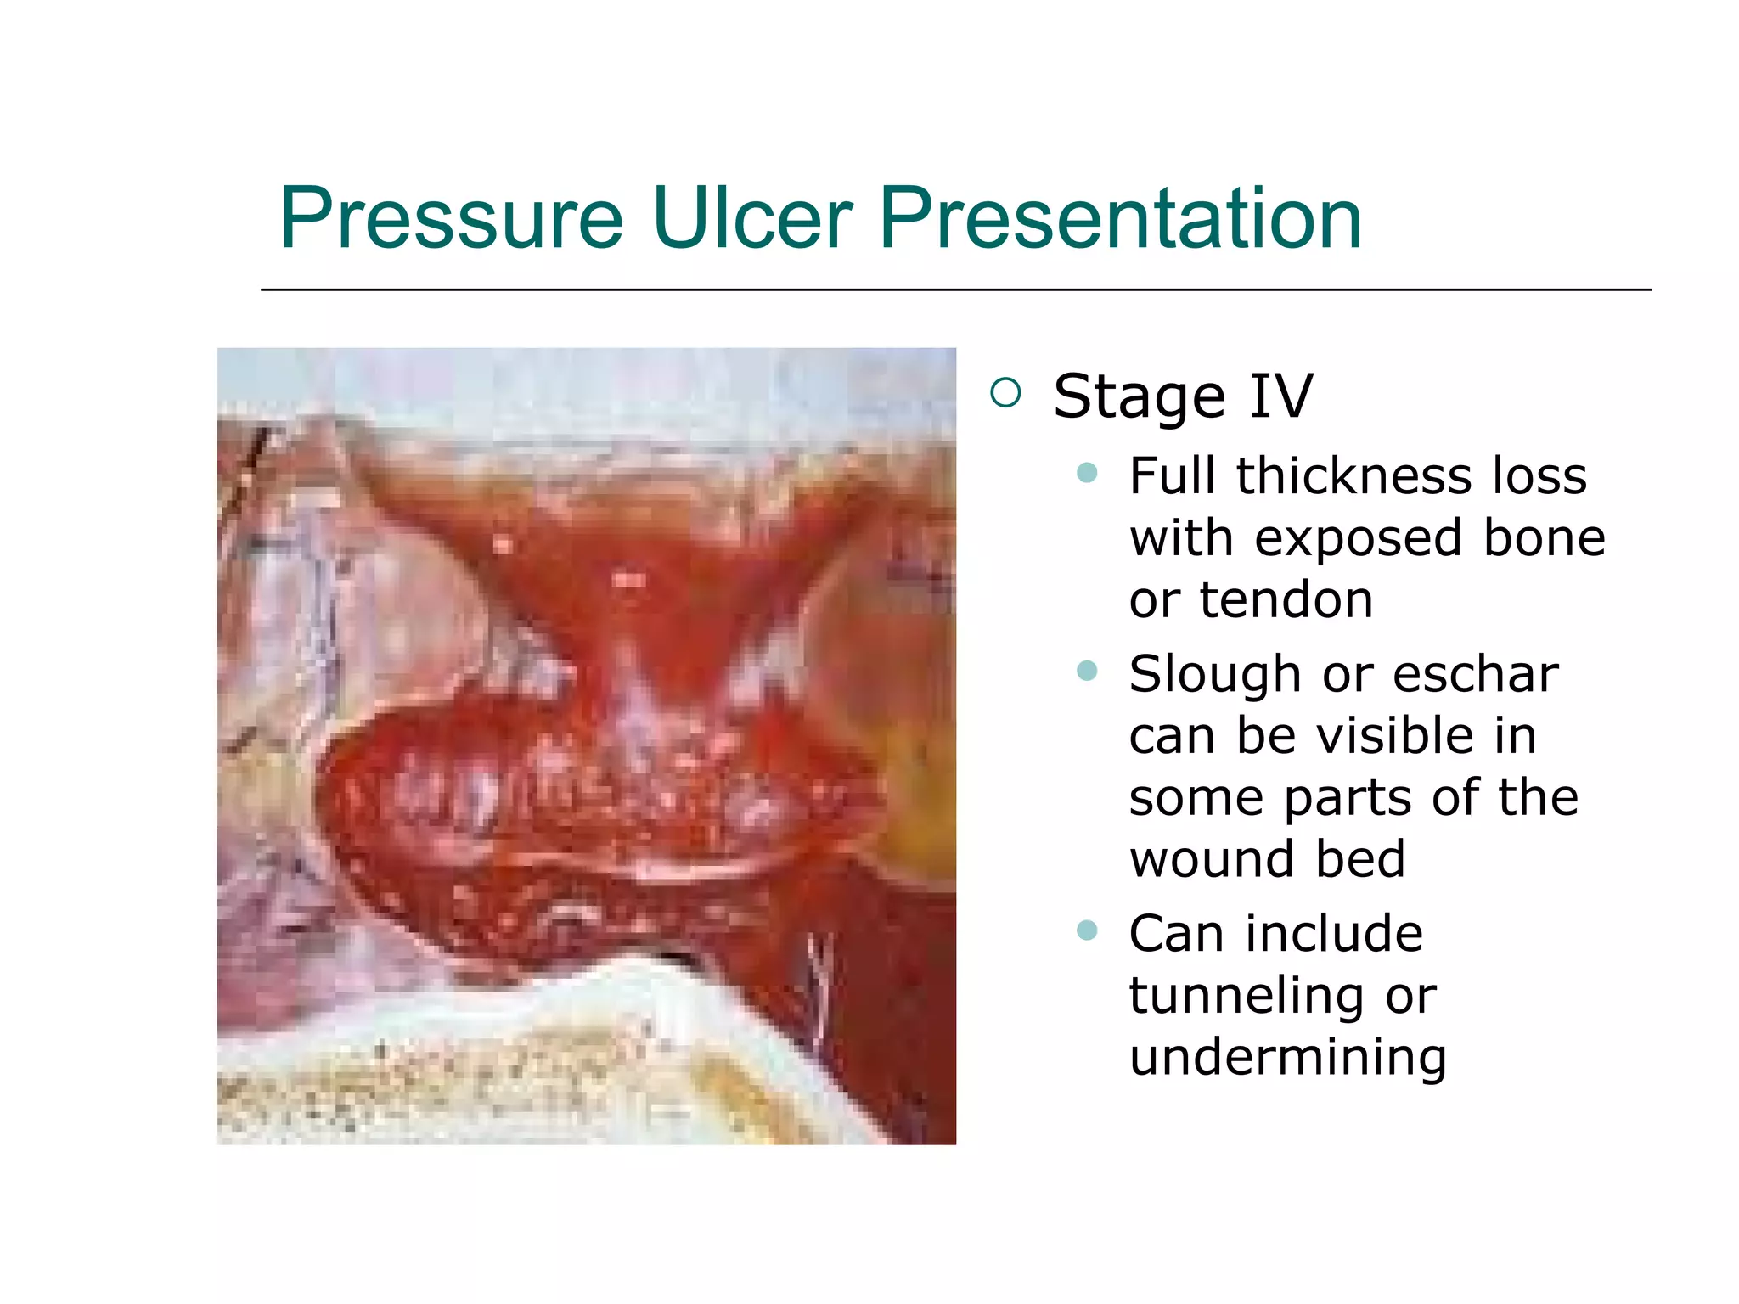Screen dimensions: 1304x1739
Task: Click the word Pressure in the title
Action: (x=451, y=219)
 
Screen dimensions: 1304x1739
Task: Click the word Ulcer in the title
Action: (x=751, y=219)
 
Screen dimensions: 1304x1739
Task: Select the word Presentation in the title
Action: (x=1120, y=219)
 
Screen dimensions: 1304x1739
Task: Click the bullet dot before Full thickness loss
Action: (x=1087, y=473)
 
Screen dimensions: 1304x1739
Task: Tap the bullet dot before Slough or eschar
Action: (x=1087, y=672)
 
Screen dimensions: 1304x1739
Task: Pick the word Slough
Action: (x=1215, y=674)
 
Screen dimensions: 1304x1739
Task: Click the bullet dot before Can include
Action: (x=1087, y=930)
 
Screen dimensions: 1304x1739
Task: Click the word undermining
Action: (x=1287, y=1057)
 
